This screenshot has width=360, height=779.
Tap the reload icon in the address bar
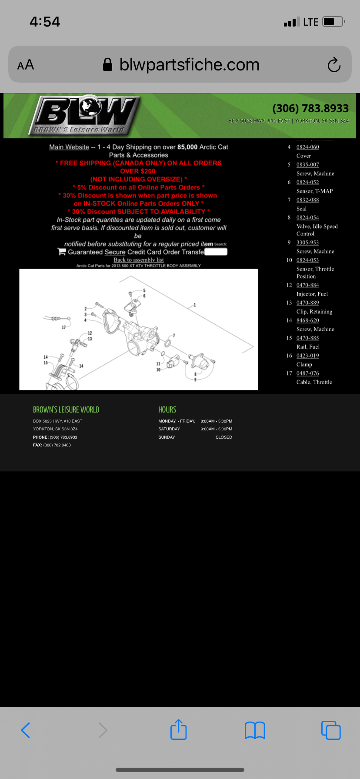point(334,65)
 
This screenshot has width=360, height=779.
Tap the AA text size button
point(26,65)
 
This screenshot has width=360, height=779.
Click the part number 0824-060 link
point(307,147)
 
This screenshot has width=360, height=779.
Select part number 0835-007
point(307,165)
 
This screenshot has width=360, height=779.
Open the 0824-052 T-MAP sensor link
point(307,183)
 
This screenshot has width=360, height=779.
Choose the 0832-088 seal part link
point(307,200)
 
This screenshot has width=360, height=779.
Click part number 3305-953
point(307,243)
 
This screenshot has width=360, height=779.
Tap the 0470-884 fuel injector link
point(307,285)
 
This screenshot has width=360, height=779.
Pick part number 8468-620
point(307,320)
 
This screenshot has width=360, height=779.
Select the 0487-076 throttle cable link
point(307,373)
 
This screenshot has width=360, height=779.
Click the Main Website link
point(69,147)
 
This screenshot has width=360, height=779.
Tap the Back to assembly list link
point(139,260)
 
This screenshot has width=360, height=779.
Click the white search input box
point(216,252)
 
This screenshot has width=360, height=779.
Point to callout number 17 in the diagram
point(63,327)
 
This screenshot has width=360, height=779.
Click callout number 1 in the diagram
point(195,305)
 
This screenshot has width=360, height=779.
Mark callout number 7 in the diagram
point(174,336)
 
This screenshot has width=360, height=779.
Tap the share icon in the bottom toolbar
point(179,730)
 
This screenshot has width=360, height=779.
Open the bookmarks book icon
point(255,730)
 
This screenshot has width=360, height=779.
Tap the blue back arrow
point(26,730)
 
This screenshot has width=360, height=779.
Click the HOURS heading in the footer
point(167,409)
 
